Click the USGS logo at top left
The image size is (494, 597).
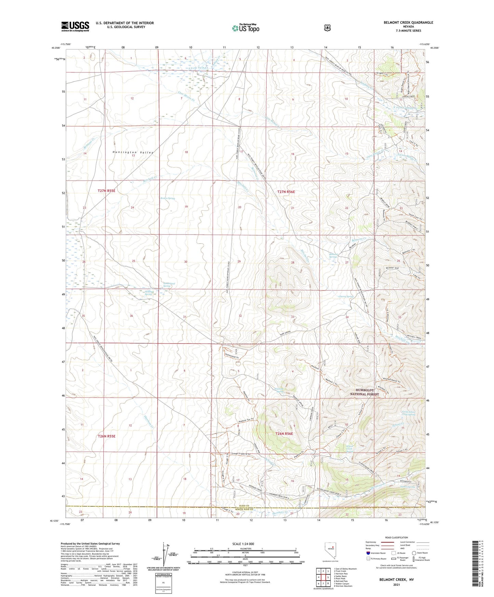75,26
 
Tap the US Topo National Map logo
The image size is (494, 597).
245,28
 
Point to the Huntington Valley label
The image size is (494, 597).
133,152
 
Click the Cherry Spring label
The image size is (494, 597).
346,296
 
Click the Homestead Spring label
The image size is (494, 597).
169,284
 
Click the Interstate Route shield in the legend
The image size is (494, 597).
368,553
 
